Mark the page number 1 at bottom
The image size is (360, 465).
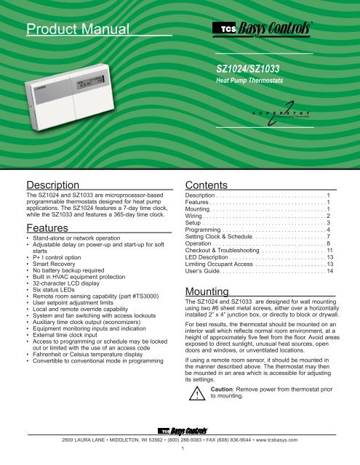pos(180,458)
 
